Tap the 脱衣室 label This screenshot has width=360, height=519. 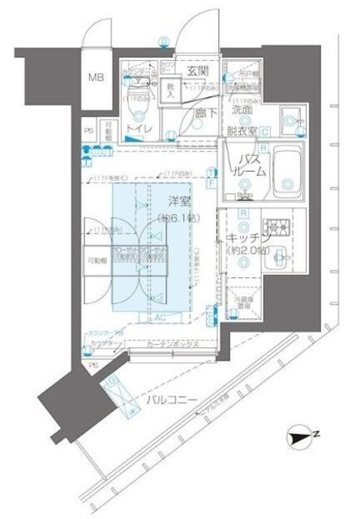[x=242, y=129]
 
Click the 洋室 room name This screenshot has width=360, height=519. [x=180, y=200]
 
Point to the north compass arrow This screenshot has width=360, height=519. [x=302, y=439]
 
